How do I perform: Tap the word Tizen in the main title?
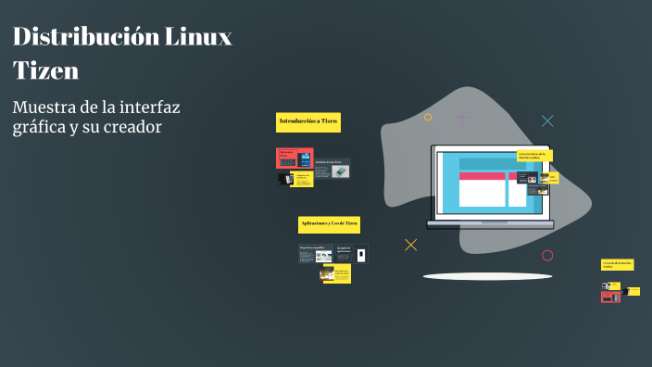[x=45, y=70]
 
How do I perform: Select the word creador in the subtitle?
[x=132, y=127]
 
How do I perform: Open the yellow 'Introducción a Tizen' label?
[x=308, y=121]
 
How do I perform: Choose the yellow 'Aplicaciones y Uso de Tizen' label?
[x=329, y=224]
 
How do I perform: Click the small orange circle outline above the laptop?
[x=428, y=117]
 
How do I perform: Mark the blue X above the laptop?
[x=547, y=120]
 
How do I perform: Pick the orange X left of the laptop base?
[x=411, y=245]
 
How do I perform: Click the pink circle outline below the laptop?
[x=547, y=255]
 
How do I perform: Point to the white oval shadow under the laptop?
[x=487, y=276]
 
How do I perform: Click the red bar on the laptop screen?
[x=483, y=175]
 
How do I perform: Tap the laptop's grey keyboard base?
[x=490, y=224]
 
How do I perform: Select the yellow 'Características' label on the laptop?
[x=534, y=156]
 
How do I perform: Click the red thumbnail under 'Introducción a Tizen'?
[x=287, y=158]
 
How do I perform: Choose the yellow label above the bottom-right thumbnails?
[x=617, y=264]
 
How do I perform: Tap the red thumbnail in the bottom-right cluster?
[x=610, y=297]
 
